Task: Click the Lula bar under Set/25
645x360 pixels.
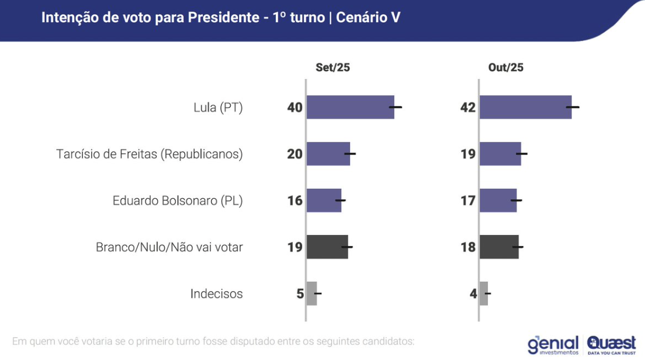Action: [350, 107]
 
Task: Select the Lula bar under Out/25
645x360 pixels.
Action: [525, 107]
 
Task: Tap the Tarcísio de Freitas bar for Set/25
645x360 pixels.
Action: [328, 154]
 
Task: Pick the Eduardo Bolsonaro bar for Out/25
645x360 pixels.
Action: [498, 200]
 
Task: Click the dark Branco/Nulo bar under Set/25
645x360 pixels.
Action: [327, 247]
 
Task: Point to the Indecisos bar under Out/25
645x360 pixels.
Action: [484, 293]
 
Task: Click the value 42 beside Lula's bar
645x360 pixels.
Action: [468, 108]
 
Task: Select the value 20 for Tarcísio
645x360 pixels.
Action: [294, 154]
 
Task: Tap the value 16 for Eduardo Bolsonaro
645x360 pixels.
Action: [294, 201]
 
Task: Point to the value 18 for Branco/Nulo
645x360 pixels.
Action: [468, 248]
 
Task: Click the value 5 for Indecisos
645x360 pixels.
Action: [300, 294]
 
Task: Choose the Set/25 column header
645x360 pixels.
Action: [332, 67]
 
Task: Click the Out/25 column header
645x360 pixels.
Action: [505, 67]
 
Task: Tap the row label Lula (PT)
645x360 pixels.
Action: [218, 108]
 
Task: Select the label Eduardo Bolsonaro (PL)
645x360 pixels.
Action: [178, 201]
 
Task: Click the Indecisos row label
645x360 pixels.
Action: [216, 294]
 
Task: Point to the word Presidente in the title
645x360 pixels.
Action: [224, 18]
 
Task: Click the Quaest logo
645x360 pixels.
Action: [611, 344]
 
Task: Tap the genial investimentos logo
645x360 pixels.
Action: [553, 345]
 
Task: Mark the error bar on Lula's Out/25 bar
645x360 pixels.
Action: [573, 107]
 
